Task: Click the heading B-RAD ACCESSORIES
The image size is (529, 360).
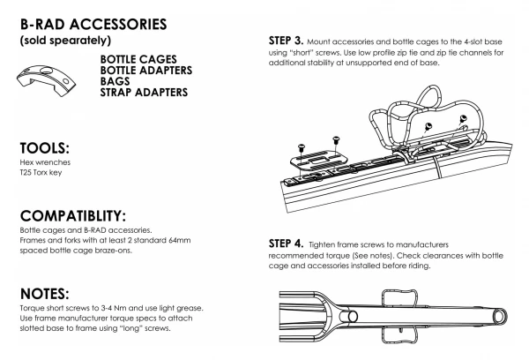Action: coord(93,25)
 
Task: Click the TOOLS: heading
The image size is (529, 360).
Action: coord(45,148)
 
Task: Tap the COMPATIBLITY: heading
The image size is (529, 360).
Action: coord(73,216)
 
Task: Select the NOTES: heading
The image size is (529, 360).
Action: coord(45,294)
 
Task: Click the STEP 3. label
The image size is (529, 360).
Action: coord(286,41)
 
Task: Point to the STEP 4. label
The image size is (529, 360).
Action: coord(286,244)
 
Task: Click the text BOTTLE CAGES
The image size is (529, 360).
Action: coord(138,59)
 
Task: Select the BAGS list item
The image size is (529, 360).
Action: coord(115,81)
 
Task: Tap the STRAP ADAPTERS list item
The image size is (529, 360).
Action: coord(144,92)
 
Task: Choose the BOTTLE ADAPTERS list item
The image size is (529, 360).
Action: coord(146,71)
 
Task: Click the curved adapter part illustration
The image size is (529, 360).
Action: coord(46,80)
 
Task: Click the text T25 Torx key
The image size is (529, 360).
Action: coord(41,173)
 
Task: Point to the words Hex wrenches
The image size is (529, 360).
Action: coord(45,162)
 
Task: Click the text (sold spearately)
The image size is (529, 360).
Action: coord(66,41)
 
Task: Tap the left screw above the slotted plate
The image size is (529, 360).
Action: coord(302,147)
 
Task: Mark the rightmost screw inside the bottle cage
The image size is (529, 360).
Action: coord(462,118)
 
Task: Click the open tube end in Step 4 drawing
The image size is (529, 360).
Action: coord(500,317)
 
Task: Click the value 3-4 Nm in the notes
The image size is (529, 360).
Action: coord(114,308)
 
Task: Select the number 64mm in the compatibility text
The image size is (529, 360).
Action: coord(180,241)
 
